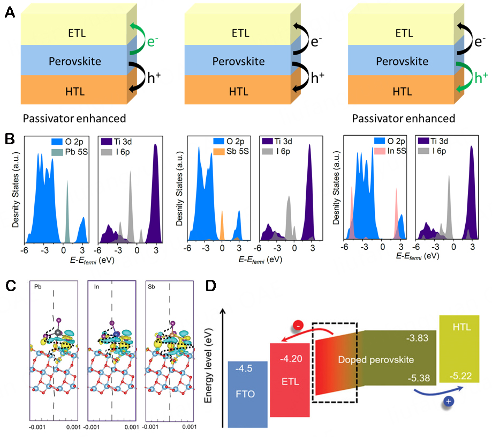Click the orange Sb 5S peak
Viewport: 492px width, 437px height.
coord(222,225)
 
